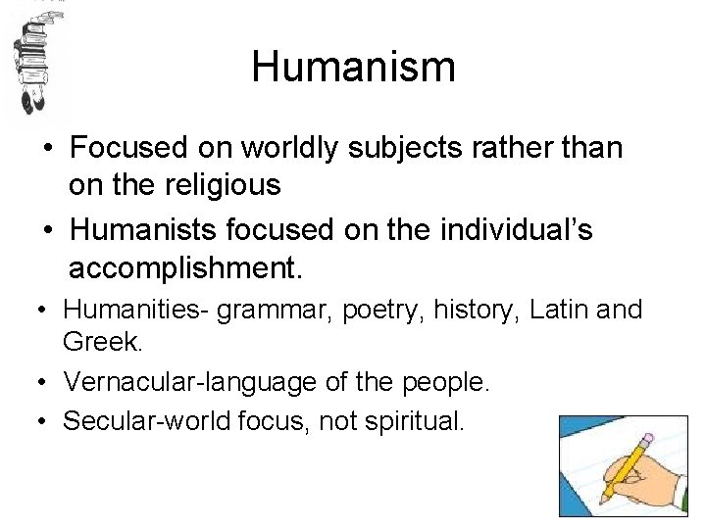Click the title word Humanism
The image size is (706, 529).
(353, 68)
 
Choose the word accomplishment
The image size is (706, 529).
(187, 266)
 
